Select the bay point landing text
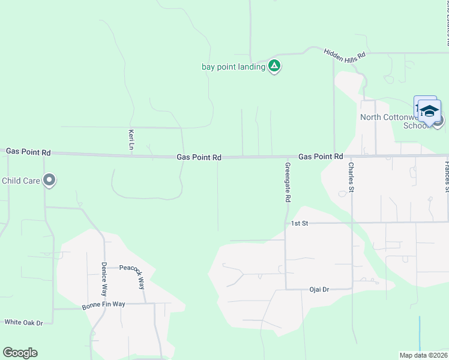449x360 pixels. click(233, 67)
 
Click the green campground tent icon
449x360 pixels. click(274, 66)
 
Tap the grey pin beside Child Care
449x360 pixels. click(49, 180)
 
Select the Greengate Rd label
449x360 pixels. click(288, 182)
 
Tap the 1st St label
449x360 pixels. click(299, 223)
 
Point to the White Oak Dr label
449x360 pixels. click(24, 322)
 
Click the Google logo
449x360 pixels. click(20, 353)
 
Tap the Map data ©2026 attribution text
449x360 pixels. click(423, 355)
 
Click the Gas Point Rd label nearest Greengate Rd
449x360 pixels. click(321, 156)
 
